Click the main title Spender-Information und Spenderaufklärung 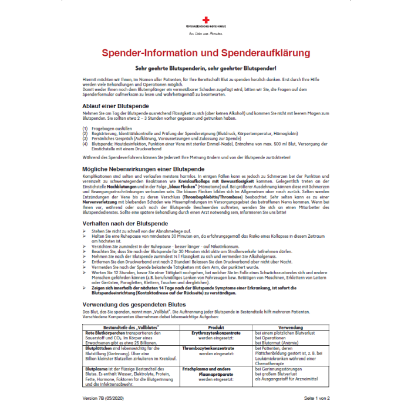(206, 53)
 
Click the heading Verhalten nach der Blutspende (124, 224)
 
